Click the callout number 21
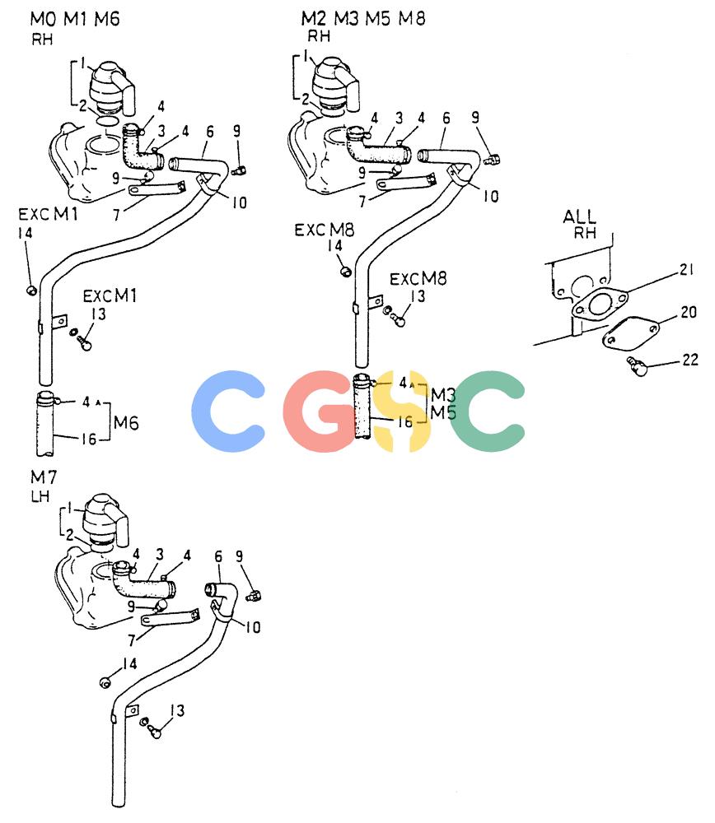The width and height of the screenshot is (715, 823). [687, 270]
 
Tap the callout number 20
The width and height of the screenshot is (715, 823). [688, 312]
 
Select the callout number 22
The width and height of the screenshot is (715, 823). [690, 360]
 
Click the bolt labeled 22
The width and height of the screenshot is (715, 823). [637, 366]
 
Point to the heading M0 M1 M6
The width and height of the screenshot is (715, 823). [75, 19]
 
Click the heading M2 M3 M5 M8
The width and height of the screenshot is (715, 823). [363, 18]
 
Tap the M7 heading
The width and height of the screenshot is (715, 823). [44, 477]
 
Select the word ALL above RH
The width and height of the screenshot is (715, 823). [579, 216]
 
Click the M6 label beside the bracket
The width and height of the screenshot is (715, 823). [126, 422]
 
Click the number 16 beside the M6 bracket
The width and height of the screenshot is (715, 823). [88, 439]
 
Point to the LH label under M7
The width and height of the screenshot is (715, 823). [40, 496]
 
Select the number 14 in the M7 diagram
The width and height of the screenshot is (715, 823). [129, 664]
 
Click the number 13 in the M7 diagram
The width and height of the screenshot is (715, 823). [177, 711]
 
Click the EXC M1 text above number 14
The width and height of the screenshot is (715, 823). [48, 214]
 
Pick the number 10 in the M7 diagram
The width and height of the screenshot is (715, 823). [253, 627]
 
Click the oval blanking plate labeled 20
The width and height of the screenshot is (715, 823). [630, 334]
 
